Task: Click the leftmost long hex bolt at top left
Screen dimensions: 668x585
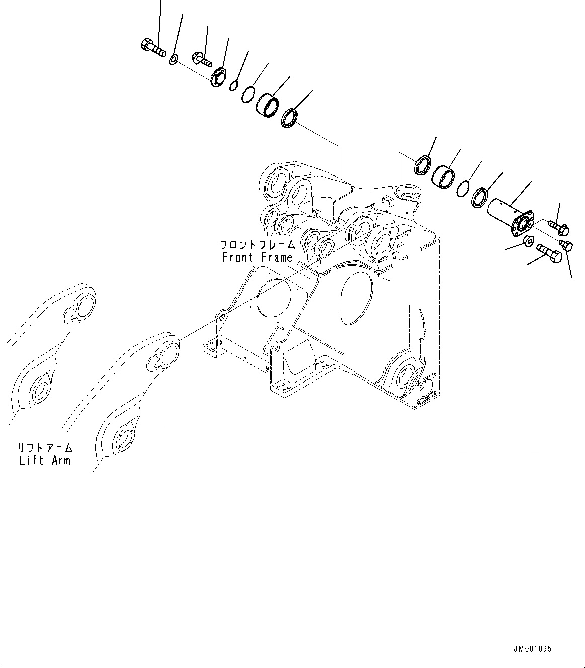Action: coord(152,48)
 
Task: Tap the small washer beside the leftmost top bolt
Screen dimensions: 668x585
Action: coord(173,60)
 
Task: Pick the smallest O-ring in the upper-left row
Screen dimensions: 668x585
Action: coord(234,86)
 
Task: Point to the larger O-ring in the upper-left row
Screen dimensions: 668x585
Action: coord(248,94)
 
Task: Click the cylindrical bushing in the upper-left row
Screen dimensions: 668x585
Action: coord(268,105)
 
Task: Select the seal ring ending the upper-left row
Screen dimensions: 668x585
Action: coord(290,119)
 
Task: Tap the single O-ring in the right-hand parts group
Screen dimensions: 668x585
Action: coord(463,189)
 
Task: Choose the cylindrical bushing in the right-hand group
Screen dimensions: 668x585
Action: coord(443,176)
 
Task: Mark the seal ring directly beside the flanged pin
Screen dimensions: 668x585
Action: coord(480,197)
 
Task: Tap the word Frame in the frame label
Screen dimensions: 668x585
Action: coord(276,258)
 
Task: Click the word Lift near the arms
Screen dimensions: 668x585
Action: coord(31,460)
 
